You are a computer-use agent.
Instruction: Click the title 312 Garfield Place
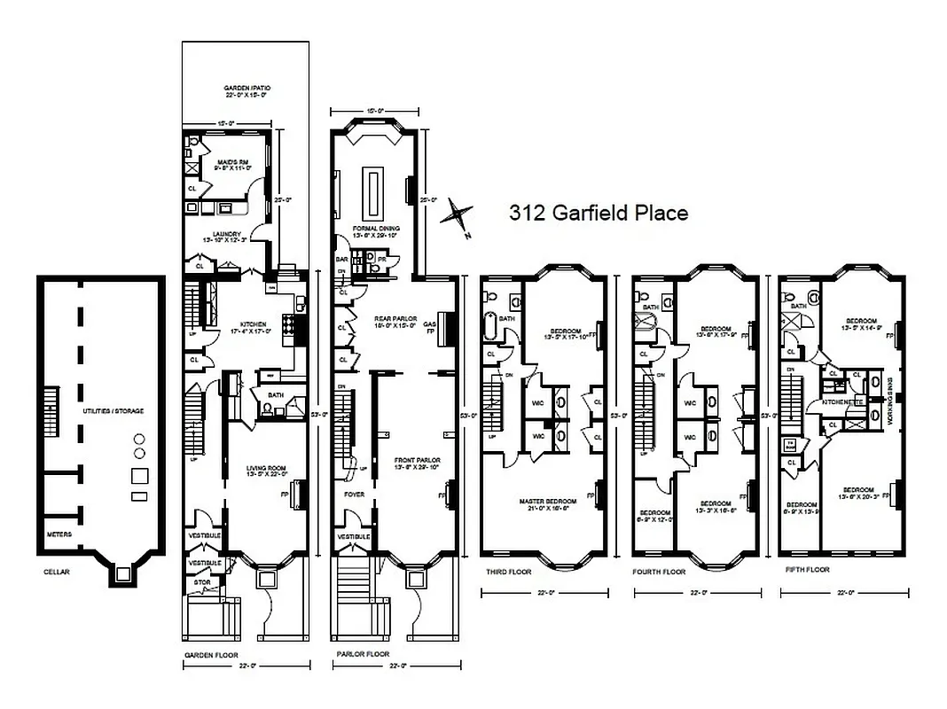pyautogui.click(x=598, y=214)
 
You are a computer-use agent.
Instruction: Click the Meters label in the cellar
pyautogui.click(x=59, y=534)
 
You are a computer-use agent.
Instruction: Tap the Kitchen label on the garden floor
pyautogui.click(x=242, y=324)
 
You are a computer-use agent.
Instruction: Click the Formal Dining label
pyautogui.click(x=375, y=228)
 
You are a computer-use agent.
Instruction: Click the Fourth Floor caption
pyautogui.click(x=660, y=572)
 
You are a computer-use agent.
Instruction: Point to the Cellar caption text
pyautogui.click(x=56, y=572)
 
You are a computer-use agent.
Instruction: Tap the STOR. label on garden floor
pyautogui.click(x=202, y=582)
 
